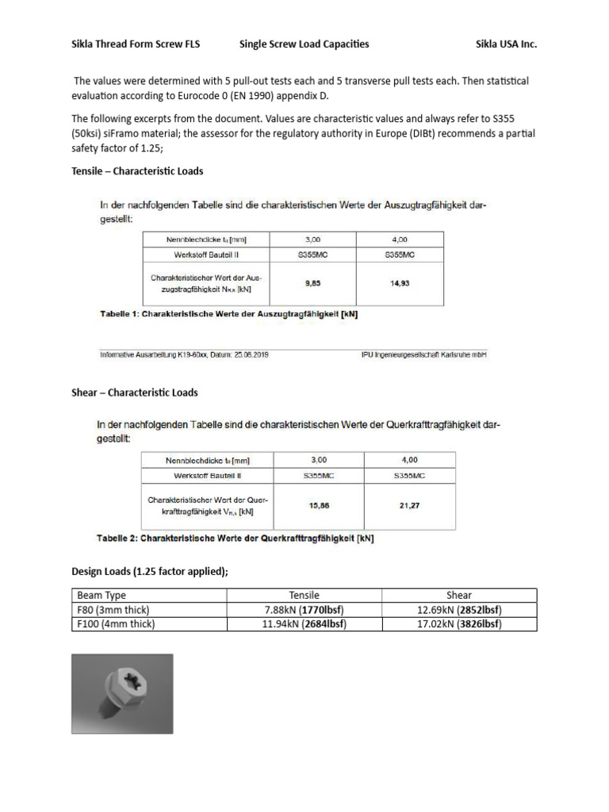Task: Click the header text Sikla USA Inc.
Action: [x=506, y=44]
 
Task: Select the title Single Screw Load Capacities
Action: [x=304, y=44]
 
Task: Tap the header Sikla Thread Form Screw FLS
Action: [x=136, y=44]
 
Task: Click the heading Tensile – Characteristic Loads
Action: [x=137, y=170]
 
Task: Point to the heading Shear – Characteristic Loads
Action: [x=134, y=393]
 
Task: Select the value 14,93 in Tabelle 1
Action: [x=400, y=283]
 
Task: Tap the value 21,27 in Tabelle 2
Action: [x=409, y=504]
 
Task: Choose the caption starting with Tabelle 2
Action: [x=235, y=538]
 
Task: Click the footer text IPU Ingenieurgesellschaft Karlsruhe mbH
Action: [x=423, y=354]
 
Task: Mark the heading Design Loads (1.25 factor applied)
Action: [x=150, y=572]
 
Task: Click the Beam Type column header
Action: [x=101, y=596]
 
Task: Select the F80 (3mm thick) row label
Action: [x=113, y=610]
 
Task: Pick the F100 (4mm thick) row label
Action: [x=116, y=624]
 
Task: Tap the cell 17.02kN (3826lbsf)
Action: [x=458, y=624]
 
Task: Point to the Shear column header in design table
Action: [x=458, y=596]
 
